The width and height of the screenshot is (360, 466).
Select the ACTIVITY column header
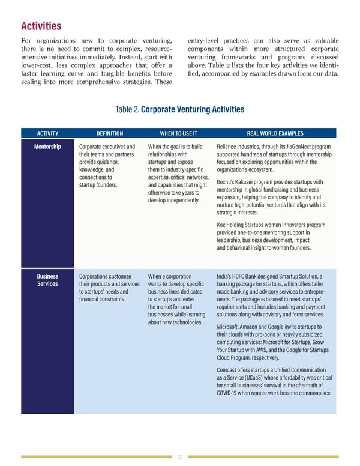pyautogui.click(x=47, y=133)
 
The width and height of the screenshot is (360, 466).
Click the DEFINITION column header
pyautogui.click(x=109, y=133)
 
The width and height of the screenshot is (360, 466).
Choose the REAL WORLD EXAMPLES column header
pyautogui.click(x=275, y=133)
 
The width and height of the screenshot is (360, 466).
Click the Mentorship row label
pyautogui.click(x=47, y=147)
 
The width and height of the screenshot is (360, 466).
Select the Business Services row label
pyautogui.click(x=47, y=280)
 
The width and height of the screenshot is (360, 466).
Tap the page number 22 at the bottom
pyautogui.click(x=180, y=457)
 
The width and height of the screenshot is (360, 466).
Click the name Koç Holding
pyautogui.click(x=233, y=225)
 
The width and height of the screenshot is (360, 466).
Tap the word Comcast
pyautogui.click(x=228, y=370)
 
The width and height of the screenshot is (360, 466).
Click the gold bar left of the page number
pyautogui.click(x=96, y=457)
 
